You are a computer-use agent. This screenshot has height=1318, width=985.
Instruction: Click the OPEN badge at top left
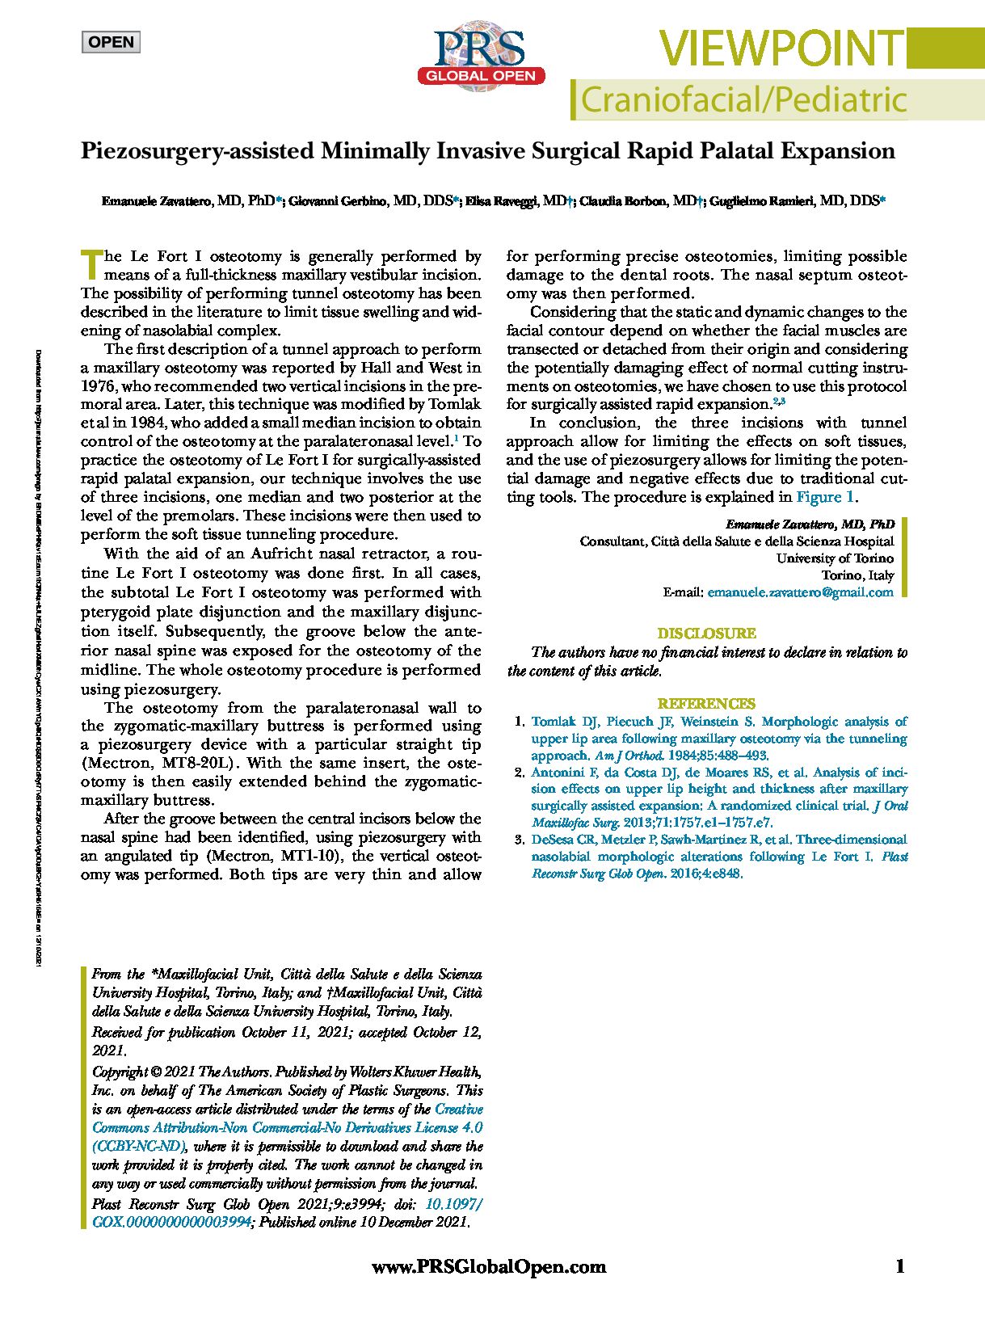[111, 42]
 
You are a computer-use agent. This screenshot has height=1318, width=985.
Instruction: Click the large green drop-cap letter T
[91, 263]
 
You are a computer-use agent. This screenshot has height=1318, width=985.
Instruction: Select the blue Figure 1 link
[825, 497]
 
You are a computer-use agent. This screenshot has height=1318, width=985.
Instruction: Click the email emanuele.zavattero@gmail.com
[800, 592]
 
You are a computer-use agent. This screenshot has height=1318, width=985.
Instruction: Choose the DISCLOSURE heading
[706, 634]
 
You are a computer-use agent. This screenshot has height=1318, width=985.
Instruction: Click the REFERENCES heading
[706, 704]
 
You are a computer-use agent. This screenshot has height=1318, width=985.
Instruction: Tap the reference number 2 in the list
[520, 773]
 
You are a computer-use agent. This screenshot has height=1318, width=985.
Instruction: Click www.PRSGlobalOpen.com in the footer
[489, 1267]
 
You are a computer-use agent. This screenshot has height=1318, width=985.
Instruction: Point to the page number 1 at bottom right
[900, 1266]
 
